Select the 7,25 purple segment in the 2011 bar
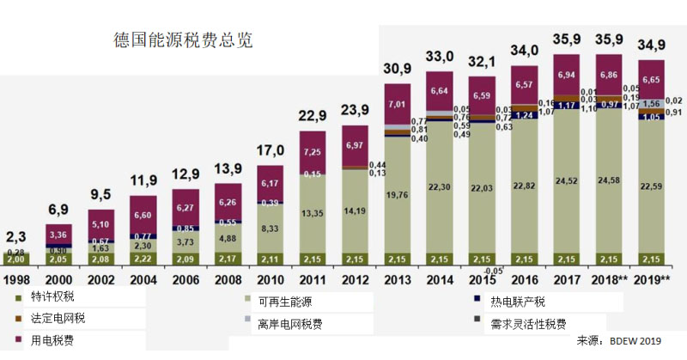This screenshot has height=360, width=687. pyautogui.click(x=313, y=152)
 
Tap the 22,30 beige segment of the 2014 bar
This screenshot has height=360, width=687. pyautogui.click(x=439, y=187)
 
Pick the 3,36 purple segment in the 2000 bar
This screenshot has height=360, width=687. pyautogui.click(x=59, y=234)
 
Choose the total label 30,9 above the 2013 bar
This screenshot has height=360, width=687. pyautogui.click(x=398, y=67)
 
